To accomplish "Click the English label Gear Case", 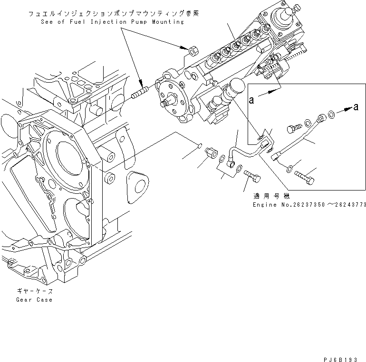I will [x=34, y=300].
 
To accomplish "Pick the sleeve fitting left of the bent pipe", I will [x=211, y=154].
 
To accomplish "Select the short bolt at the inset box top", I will [x=293, y=128].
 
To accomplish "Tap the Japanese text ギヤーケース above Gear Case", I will [x=34, y=291].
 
